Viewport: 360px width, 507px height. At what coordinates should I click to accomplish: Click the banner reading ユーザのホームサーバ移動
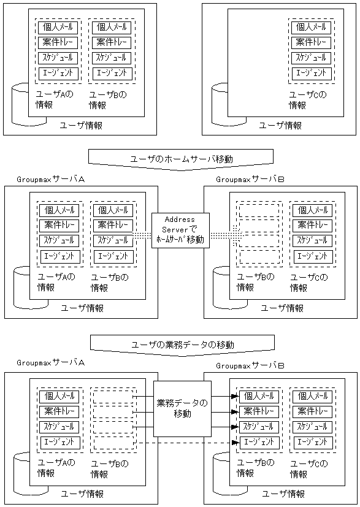(x=181, y=158)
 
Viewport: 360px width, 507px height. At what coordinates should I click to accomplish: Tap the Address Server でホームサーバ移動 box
(x=180, y=231)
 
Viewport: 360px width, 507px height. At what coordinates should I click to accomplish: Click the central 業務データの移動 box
(x=182, y=409)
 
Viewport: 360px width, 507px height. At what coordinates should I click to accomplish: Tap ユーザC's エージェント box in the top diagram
(x=310, y=73)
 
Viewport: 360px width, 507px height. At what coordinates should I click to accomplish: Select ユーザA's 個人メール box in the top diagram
(x=58, y=28)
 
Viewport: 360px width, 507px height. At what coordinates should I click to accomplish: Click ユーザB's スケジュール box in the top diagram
(x=111, y=58)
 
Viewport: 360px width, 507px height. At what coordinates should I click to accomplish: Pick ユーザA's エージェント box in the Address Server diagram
(x=59, y=256)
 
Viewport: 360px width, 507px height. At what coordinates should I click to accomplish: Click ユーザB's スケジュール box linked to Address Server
(x=113, y=240)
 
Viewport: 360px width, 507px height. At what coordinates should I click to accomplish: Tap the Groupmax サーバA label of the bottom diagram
(x=50, y=362)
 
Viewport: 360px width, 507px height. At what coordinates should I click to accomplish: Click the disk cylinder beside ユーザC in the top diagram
(x=220, y=104)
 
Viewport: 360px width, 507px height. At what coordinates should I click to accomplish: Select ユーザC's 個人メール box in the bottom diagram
(x=312, y=396)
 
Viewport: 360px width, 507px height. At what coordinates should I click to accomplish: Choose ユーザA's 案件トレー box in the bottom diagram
(x=59, y=411)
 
